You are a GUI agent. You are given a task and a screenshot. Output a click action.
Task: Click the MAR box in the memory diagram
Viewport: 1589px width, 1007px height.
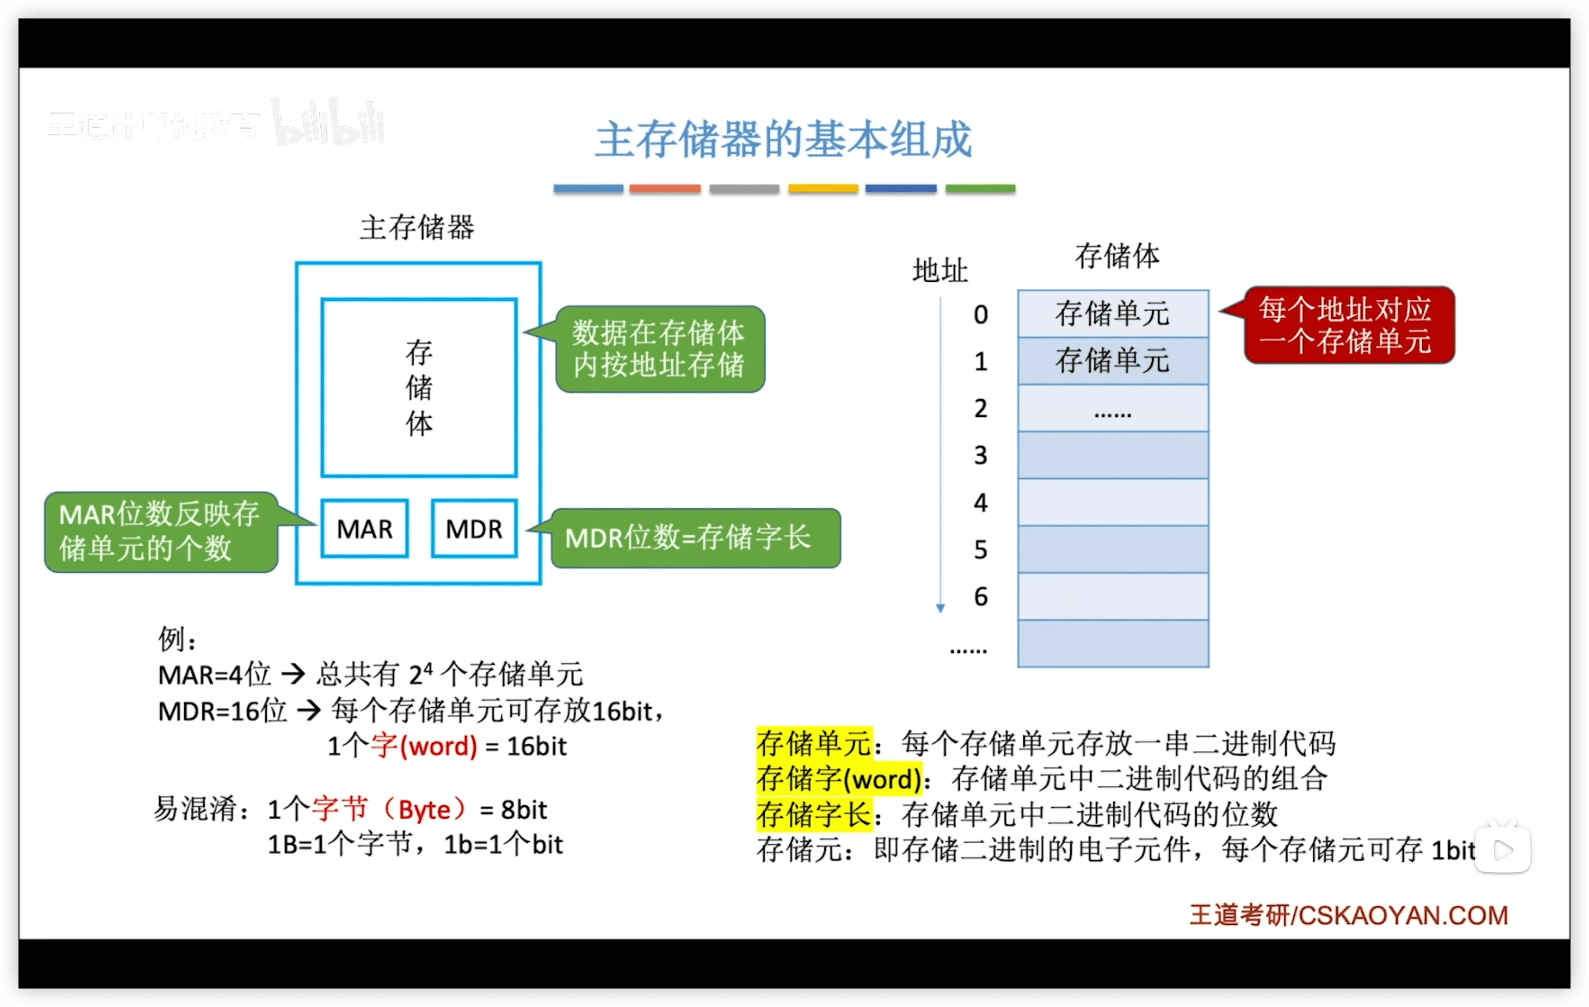pos(364,528)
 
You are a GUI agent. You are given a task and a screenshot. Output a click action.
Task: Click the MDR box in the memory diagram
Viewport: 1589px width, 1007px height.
pos(474,528)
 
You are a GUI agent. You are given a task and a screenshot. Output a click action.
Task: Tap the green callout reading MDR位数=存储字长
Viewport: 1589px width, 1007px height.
pos(695,538)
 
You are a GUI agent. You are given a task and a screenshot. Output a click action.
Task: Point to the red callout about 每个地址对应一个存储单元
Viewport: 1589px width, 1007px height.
pos(1349,325)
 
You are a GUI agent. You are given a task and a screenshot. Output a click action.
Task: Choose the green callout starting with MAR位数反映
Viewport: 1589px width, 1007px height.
pos(161,531)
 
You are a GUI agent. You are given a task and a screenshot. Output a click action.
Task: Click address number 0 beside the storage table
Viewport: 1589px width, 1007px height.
pos(981,314)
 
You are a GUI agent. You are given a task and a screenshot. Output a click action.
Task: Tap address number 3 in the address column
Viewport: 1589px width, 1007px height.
pos(981,455)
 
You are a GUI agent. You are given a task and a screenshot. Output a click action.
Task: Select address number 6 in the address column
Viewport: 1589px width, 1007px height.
pos(981,596)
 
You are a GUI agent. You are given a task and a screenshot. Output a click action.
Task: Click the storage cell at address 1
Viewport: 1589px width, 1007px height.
pos(1113,361)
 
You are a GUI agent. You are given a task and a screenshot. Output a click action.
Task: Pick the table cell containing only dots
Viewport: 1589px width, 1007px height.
pos(1113,408)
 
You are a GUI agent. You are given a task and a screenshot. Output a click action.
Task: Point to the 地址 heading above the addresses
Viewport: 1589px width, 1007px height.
pos(940,270)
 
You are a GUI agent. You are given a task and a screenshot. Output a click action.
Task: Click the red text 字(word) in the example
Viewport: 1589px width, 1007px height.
pos(423,746)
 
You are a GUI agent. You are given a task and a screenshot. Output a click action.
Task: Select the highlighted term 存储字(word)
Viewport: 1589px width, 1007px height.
pos(839,779)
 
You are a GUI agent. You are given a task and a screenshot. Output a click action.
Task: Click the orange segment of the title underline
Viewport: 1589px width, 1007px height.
pos(665,189)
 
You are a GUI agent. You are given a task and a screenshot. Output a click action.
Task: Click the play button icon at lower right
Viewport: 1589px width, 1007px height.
pos(1503,849)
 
